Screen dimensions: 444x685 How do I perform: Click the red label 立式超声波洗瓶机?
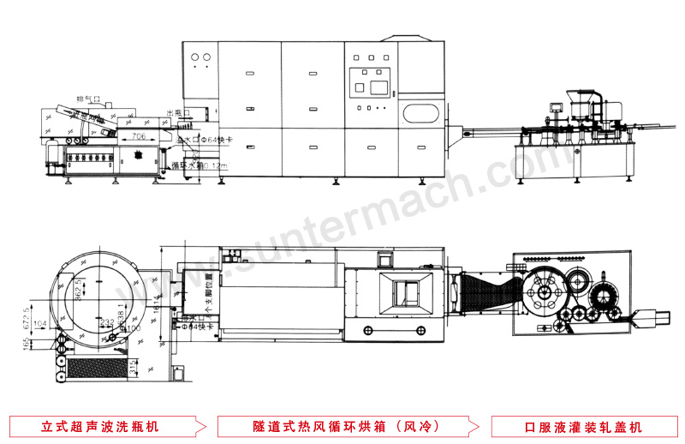tap(100, 426)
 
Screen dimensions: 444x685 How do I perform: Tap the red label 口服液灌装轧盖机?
tap(584, 426)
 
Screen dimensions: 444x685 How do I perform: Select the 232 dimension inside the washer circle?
tap(105, 321)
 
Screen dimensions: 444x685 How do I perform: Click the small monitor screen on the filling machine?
tap(553, 106)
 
